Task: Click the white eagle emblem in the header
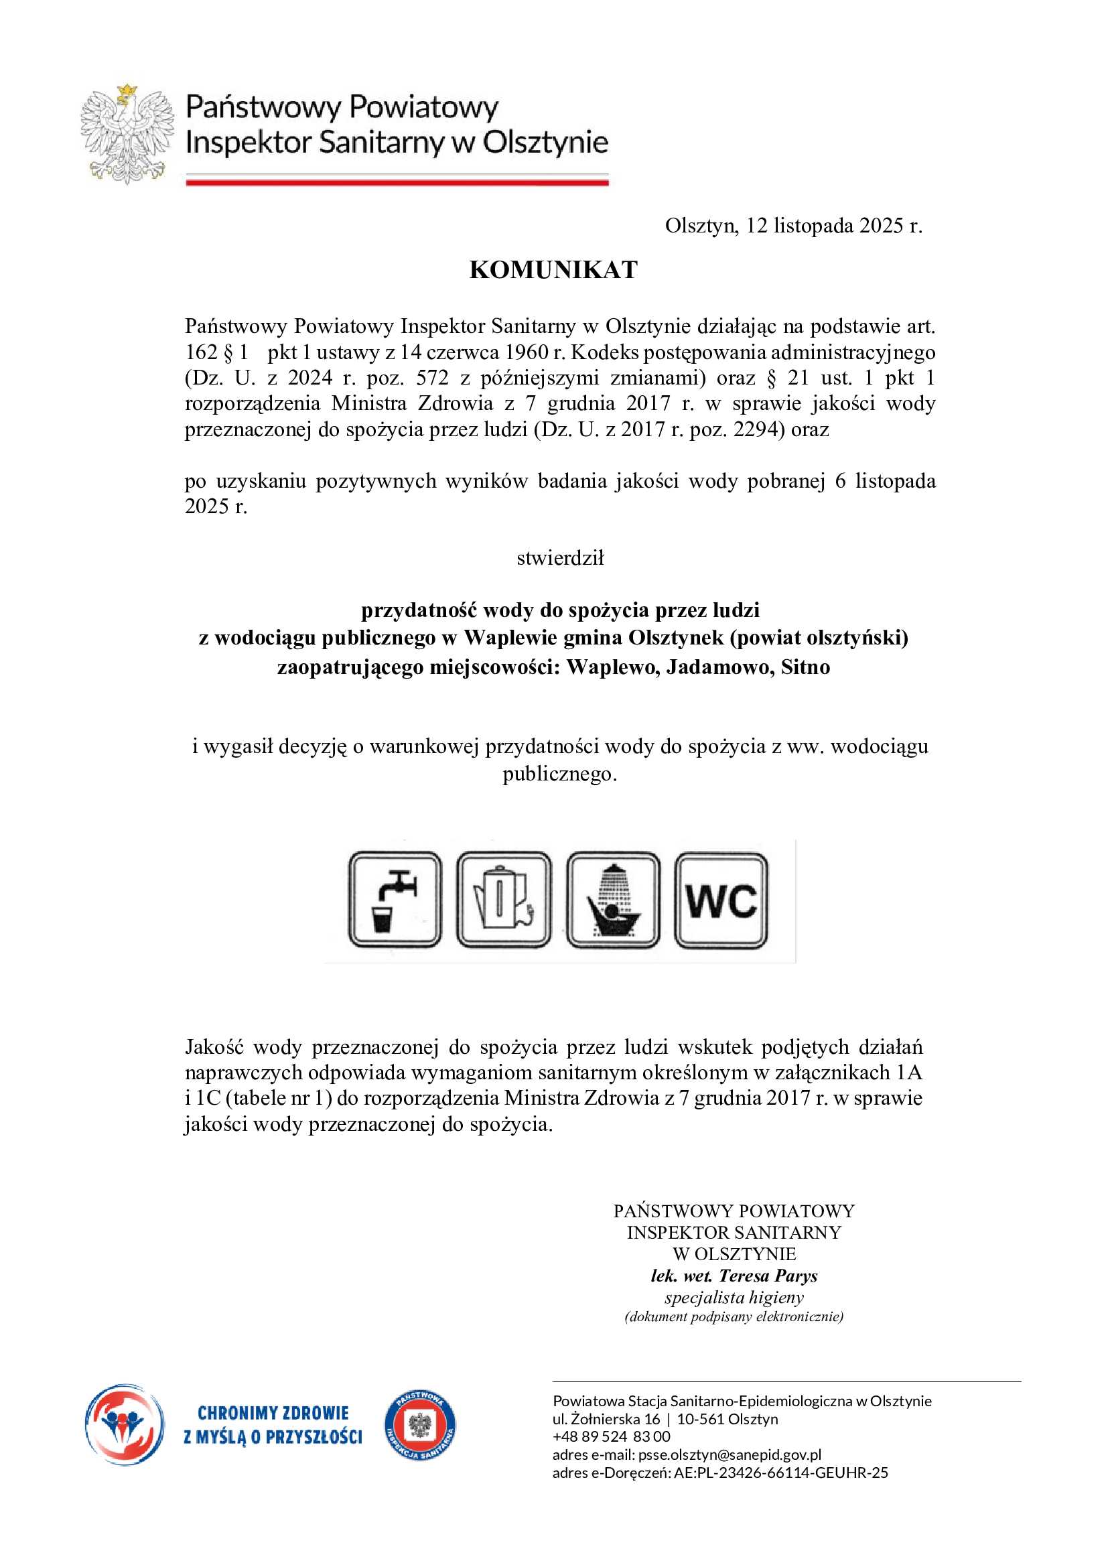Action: coord(127,135)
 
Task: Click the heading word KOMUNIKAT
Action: coord(553,269)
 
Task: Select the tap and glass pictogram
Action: coord(395,900)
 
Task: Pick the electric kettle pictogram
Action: coord(504,900)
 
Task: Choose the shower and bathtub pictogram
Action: coord(613,900)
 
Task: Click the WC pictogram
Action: coord(721,900)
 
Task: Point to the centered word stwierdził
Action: coord(560,558)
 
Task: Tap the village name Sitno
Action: coord(806,667)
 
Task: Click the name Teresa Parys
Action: coord(768,1276)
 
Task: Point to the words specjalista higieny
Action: coord(734,1298)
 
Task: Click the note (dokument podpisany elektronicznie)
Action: coord(734,1317)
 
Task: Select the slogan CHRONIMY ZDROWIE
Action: coord(273,1413)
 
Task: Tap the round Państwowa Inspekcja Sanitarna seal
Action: coord(420,1426)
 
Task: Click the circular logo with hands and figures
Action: coord(125,1425)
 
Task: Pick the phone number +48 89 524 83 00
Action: coord(612,1436)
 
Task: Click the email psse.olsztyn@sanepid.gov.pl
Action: coord(730,1454)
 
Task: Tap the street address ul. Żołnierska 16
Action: coord(606,1419)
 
